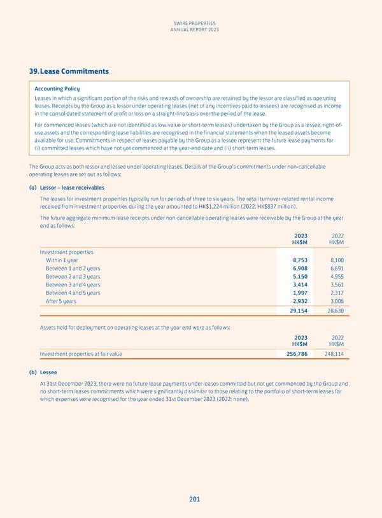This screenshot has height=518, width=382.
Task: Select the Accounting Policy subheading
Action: pos(57,88)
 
